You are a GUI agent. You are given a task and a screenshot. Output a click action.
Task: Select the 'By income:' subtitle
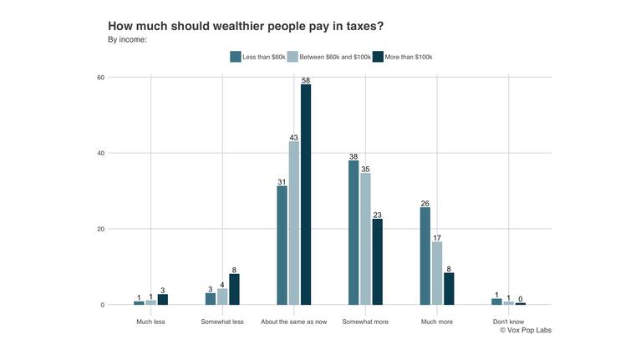tap(127, 39)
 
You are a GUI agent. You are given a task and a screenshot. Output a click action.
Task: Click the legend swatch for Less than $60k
tap(235, 57)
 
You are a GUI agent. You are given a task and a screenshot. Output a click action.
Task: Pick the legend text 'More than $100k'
tap(409, 57)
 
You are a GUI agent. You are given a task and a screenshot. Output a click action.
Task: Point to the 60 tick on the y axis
tap(100, 78)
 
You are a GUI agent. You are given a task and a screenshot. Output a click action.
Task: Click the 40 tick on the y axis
tap(100, 154)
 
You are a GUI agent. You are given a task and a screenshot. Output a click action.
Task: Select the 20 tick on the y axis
tap(100, 229)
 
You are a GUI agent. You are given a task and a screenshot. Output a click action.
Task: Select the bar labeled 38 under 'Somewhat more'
tap(354, 232)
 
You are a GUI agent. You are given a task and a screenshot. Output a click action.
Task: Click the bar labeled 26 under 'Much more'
tap(425, 256)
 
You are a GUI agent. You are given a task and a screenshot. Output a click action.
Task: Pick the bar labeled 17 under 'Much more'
tap(437, 273)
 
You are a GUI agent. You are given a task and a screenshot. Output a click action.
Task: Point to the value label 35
tap(365, 169)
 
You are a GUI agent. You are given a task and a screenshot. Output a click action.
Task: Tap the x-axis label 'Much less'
tap(150, 322)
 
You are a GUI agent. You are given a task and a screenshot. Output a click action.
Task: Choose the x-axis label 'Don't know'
tap(508, 322)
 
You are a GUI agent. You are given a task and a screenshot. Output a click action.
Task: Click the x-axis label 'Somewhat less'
tap(222, 322)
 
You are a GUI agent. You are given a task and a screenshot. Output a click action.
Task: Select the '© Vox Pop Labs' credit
tap(525, 331)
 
